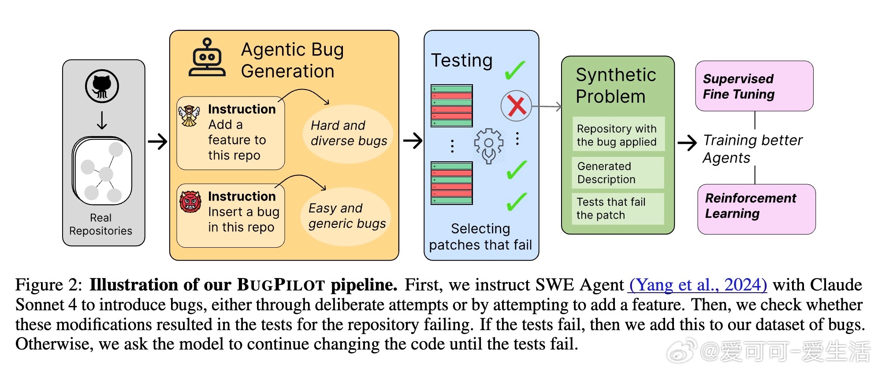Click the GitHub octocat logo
coord(102,86)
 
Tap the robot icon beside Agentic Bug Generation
coord(207,58)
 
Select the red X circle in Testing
coord(516,106)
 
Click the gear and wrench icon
coord(488,146)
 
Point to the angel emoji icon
coord(190,116)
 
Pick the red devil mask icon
coord(190,202)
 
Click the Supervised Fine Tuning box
coord(754,86)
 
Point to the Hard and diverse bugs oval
coord(348,134)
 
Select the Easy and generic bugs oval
coord(347,216)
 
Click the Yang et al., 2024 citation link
coord(698,285)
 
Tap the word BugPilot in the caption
coord(281,285)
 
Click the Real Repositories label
coord(101,224)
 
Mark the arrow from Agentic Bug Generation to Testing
coord(413,141)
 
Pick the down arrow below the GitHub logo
coord(102,120)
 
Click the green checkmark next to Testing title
coord(514,70)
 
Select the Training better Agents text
coord(752,149)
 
